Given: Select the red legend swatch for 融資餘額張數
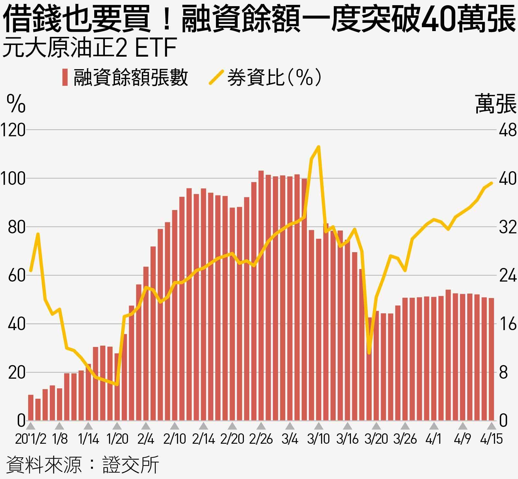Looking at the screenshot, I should [65, 77].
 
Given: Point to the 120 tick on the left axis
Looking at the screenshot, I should [13, 130].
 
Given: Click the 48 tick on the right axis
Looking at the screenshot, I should [507, 130].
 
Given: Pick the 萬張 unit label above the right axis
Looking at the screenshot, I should [495, 104].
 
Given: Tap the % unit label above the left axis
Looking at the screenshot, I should [16, 104].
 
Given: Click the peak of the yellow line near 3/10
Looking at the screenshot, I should [319, 147].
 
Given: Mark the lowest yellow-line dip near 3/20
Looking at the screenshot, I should [369, 353].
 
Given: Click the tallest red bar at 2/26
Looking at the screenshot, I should [261, 295].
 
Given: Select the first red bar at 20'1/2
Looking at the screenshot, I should [31, 408].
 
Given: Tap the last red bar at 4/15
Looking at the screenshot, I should [491, 359].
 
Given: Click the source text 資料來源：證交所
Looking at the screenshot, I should [83, 465].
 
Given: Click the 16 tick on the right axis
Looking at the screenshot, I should [507, 324].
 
